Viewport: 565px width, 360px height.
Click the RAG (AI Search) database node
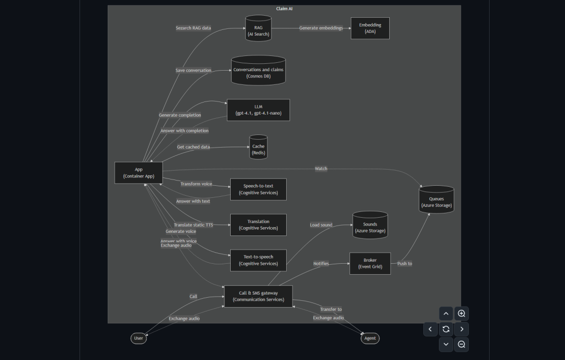point(258,30)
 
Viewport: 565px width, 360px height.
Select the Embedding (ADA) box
point(370,28)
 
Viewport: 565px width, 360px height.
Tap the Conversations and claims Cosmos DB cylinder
point(258,72)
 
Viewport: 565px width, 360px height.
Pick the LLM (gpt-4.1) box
point(258,110)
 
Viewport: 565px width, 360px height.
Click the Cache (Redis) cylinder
point(258,149)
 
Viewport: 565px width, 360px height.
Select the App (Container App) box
point(139,173)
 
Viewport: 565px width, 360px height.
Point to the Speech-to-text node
point(258,189)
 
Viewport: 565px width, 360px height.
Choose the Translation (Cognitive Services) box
point(258,225)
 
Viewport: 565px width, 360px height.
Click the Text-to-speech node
point(258,260)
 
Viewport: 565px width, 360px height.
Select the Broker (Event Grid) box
point(370,263)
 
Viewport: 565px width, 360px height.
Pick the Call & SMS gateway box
point(258,296)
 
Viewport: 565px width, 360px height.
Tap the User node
point(139,339)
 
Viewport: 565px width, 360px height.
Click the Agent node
point(370,339)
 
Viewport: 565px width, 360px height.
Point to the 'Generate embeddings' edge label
point(321,28)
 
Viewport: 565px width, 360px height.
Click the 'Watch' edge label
point(321,168)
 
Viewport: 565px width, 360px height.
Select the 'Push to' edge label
point(404,264)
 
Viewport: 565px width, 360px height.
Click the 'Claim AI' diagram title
point(284,9)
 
